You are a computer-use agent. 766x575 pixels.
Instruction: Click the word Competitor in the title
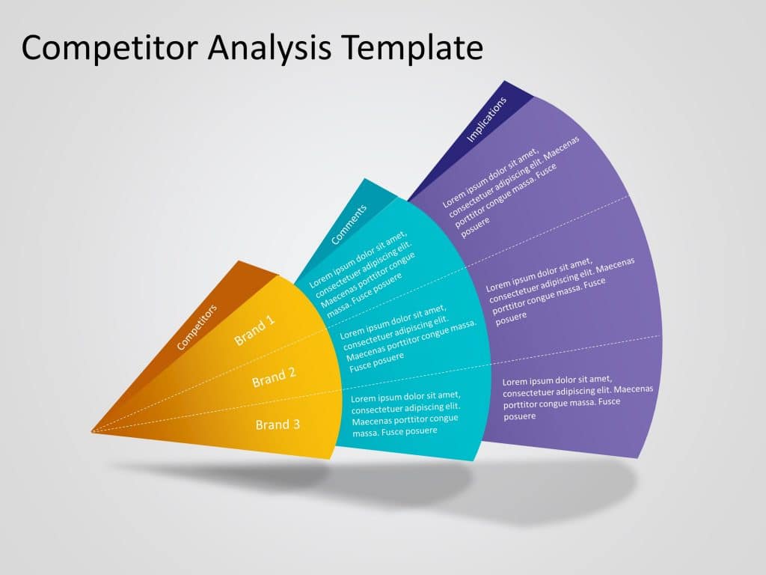109,49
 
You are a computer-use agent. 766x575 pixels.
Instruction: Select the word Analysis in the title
270,49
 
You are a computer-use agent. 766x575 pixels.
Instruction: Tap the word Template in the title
412,49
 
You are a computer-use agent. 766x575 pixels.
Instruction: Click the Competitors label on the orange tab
197,327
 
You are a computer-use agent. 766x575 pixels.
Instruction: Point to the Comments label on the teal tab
349,225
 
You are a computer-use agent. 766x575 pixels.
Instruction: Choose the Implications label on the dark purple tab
486,119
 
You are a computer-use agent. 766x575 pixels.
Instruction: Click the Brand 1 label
254,330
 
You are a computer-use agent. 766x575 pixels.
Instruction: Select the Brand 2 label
274,377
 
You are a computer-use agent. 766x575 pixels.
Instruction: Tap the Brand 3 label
278,425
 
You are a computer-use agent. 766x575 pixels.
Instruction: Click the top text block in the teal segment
363,274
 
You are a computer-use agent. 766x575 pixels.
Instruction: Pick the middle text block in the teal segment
408,338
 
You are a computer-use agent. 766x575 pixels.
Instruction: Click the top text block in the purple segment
510,186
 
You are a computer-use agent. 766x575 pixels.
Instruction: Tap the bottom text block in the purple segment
577,397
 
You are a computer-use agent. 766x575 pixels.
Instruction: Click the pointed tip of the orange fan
92,431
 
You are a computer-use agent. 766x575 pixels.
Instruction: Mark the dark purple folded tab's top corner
504,81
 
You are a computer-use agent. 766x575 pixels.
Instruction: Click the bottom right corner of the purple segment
638,458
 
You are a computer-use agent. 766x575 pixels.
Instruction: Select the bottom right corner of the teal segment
473,460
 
